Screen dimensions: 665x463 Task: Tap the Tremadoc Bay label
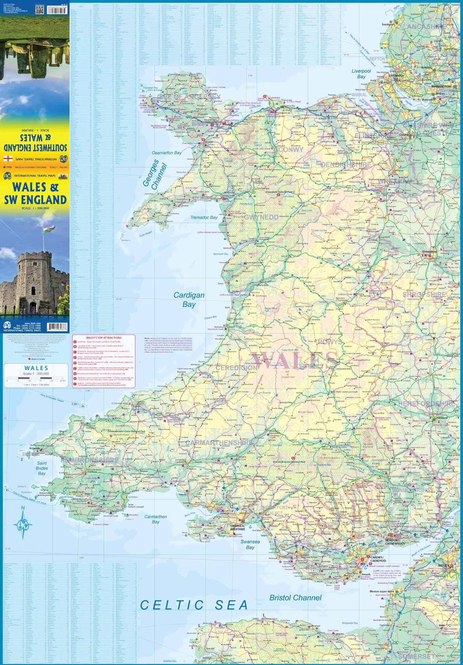(x=204, y=217)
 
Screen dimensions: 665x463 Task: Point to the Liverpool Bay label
(x=361, y=74)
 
